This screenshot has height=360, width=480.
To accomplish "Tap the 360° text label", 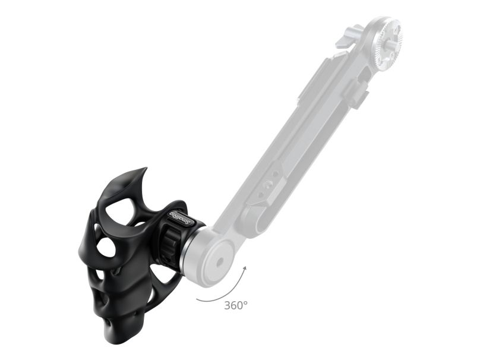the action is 236,305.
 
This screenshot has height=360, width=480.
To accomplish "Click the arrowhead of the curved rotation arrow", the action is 244,269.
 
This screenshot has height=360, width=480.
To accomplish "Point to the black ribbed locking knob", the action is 169,242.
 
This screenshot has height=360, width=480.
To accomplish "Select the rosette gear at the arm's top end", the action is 386,36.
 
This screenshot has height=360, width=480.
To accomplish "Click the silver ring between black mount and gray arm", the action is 191,244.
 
